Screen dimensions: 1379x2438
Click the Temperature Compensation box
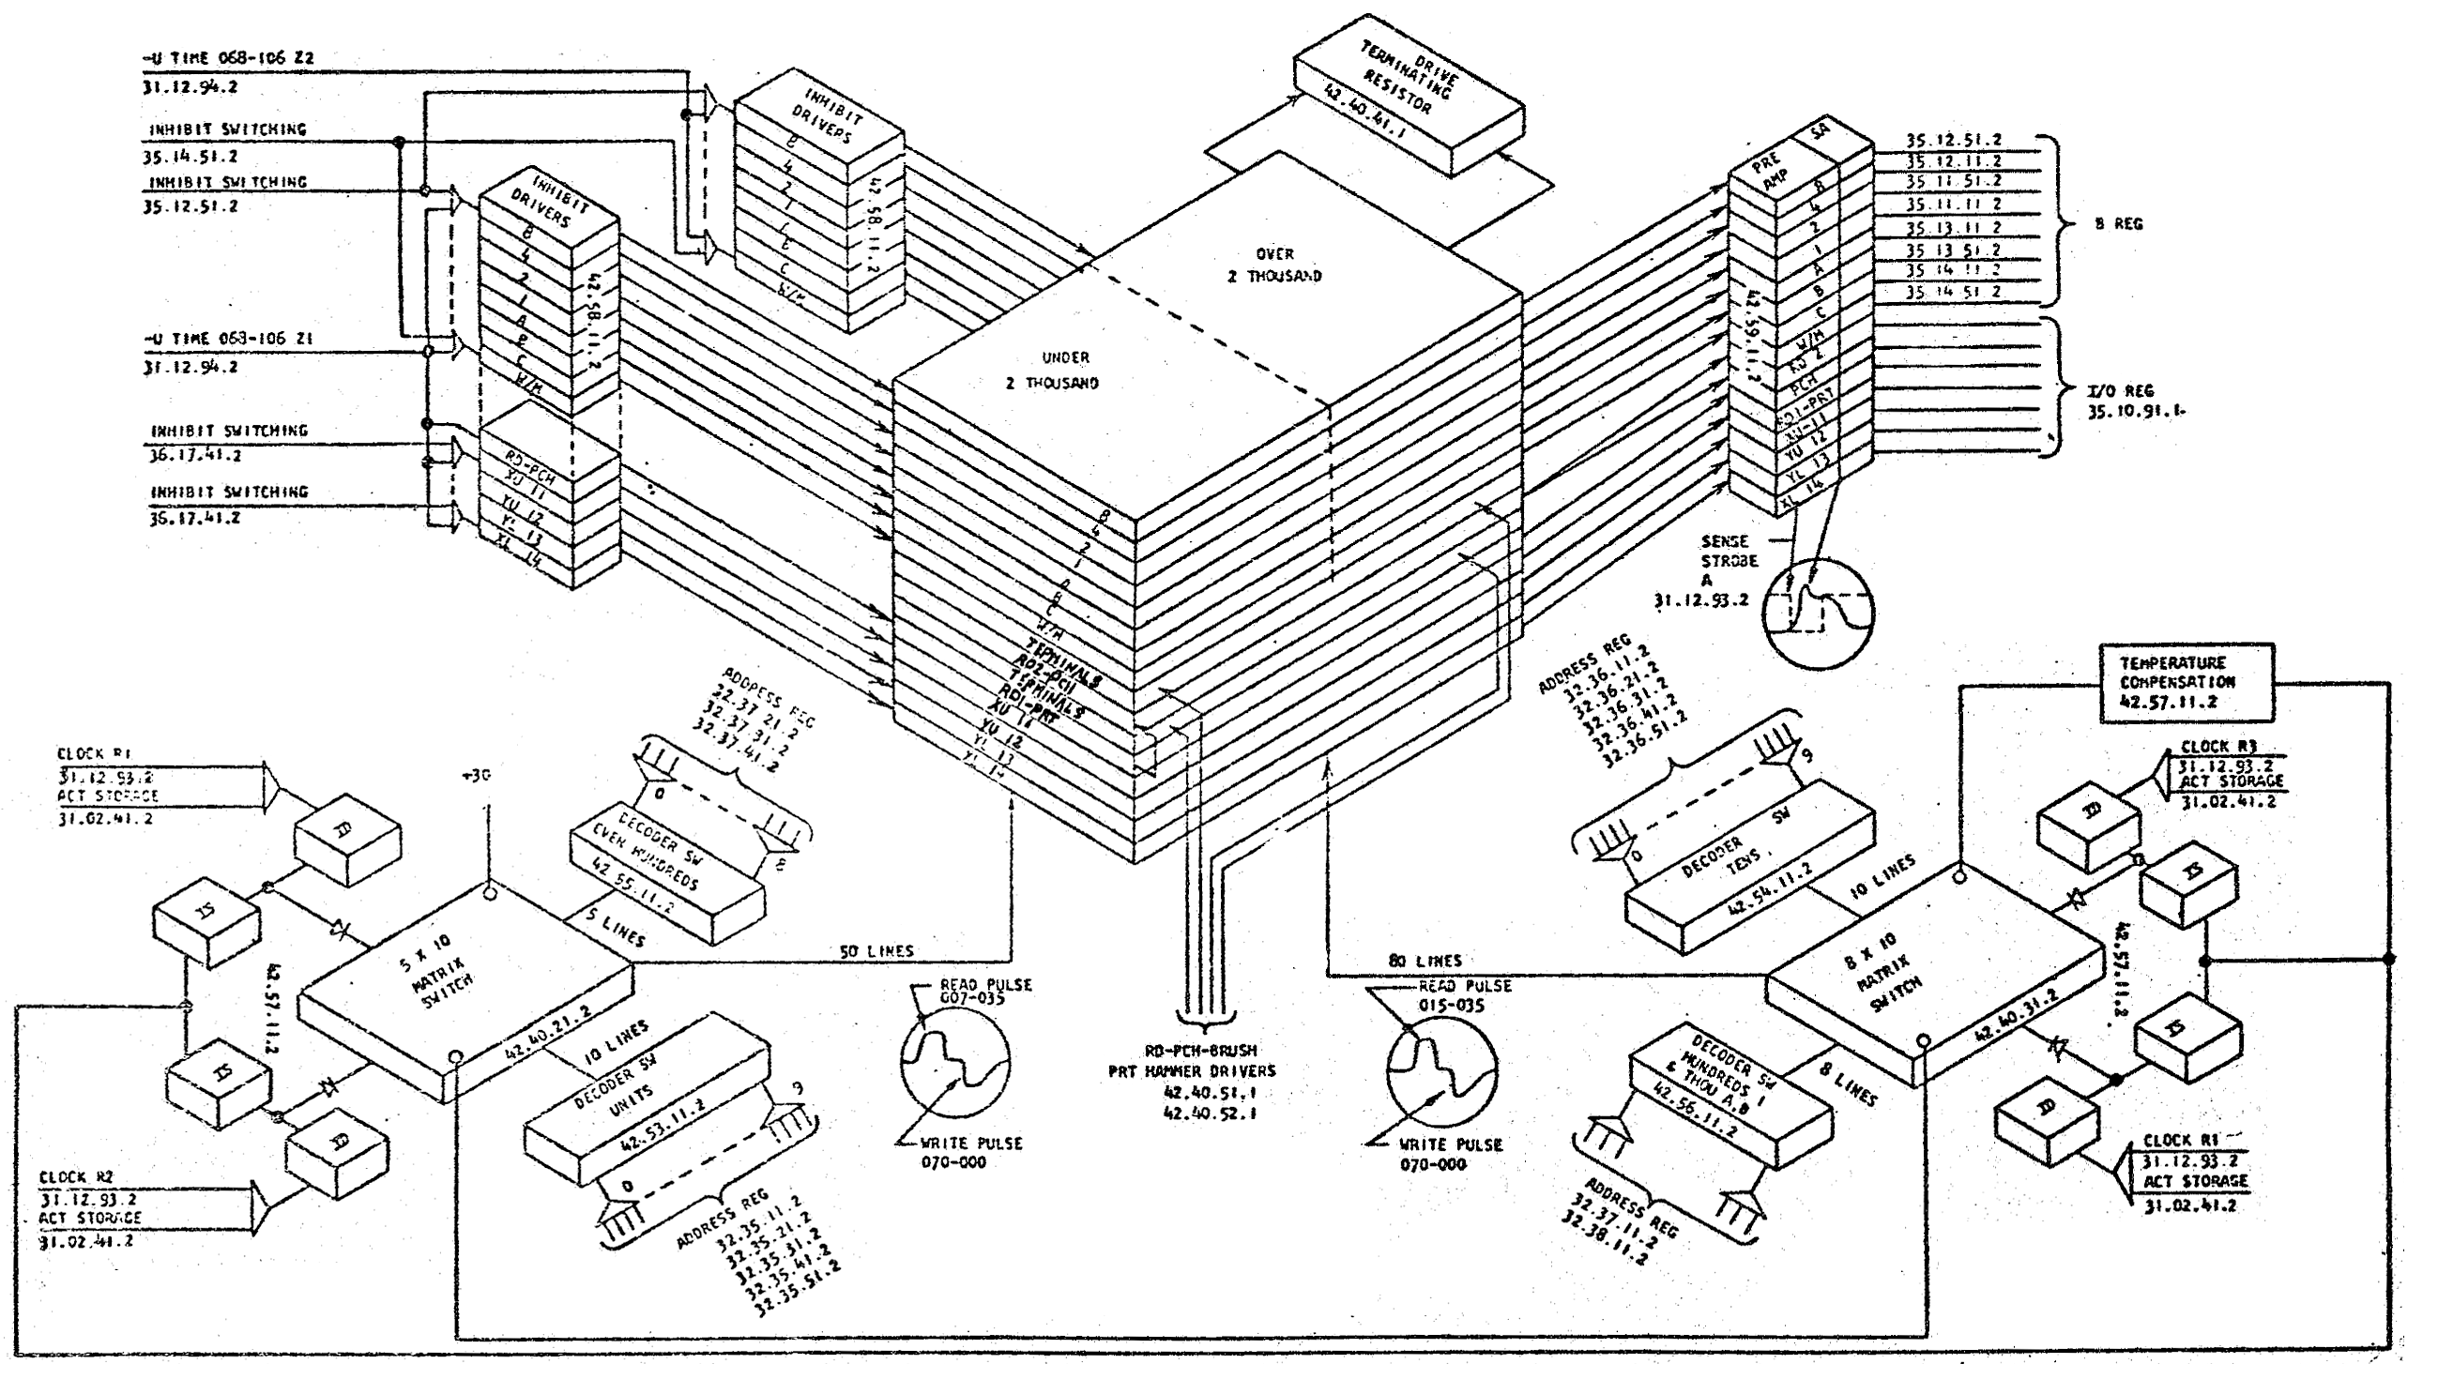tap(2186, 683)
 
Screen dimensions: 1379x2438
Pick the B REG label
tap(2119, 224)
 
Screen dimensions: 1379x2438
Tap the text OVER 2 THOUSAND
tap(1275, 265)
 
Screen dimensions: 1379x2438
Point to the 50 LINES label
tap(876, 951)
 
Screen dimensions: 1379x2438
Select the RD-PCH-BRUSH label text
tap(1200, 1051)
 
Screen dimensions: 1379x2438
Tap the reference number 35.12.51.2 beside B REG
tap(1953, 140)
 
